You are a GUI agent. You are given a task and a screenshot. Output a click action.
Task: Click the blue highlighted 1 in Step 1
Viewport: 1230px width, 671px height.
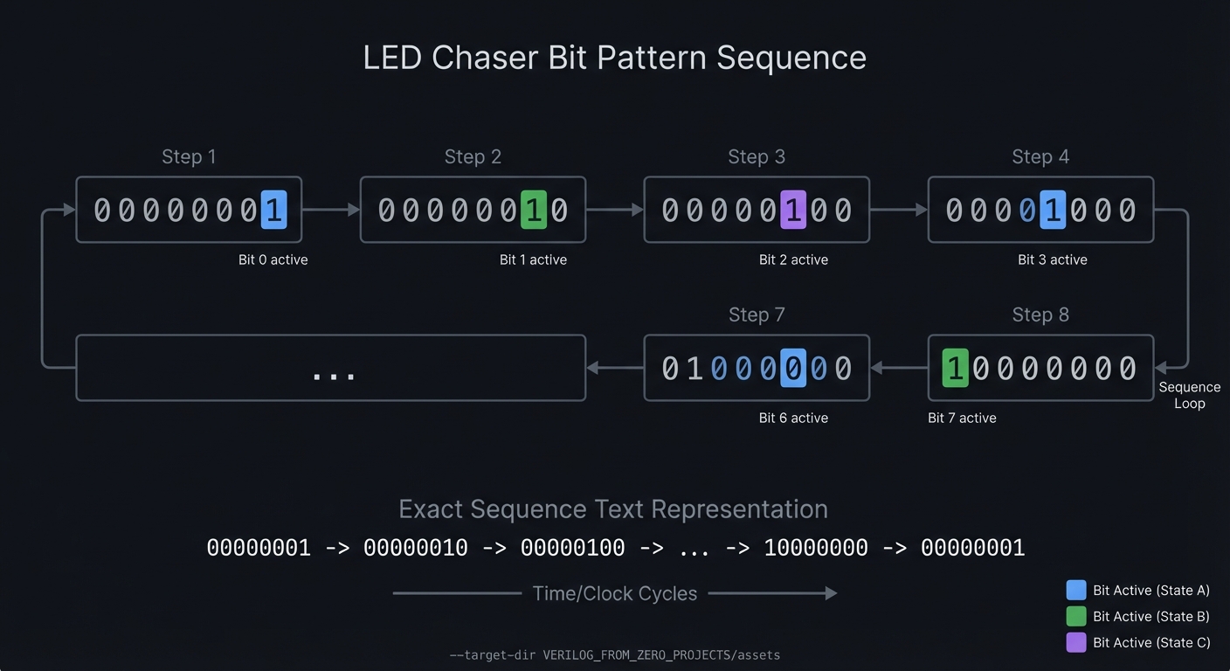273,211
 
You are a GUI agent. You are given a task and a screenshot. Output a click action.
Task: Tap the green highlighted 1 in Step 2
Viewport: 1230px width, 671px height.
533,211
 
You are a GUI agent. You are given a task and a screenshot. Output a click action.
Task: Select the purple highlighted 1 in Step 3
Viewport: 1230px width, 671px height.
792,211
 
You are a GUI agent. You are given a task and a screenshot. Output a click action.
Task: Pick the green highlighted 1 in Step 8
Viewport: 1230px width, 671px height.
955,369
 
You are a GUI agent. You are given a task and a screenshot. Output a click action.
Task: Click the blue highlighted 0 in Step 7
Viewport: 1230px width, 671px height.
792,369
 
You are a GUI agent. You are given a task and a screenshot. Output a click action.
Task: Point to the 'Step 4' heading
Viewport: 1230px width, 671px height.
1040,157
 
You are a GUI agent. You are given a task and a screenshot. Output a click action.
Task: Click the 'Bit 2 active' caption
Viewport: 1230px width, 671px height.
792,260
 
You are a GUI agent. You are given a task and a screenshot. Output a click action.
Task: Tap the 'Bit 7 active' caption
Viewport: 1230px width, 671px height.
961,419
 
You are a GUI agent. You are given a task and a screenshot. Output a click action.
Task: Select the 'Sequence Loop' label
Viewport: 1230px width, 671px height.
1189,395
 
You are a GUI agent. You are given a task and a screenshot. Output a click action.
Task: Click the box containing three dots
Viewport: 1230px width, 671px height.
330,369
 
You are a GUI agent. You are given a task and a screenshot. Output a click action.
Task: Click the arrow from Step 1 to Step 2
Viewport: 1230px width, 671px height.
331,210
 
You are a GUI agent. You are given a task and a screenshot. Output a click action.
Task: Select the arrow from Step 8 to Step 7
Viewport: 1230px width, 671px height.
899,369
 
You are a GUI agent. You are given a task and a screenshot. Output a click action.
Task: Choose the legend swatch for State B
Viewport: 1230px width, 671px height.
1076,617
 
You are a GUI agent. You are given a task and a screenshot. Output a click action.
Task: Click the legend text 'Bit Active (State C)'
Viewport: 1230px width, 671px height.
1151,643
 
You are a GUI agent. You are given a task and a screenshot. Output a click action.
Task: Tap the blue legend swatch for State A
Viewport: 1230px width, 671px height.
1076,591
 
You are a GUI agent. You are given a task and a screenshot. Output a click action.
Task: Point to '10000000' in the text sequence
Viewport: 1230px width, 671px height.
815,549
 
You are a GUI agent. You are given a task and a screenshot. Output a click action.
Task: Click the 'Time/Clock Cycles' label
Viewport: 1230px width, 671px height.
614,594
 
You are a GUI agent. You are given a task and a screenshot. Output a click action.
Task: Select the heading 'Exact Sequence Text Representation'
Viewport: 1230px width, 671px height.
612,509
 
